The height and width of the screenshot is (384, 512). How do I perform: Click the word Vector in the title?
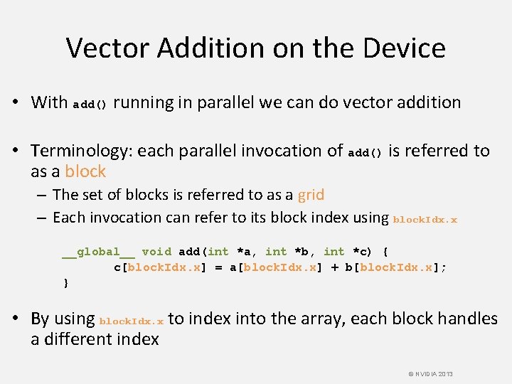click(x=107, y=48)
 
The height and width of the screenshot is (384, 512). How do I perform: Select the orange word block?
click(x=85, y=171)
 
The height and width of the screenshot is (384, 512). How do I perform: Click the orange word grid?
click(x=311, y=194)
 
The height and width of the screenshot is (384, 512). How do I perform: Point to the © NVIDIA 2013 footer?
click(x=431, y=374)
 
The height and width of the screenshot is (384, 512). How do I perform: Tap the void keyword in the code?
click(x=156, y=252)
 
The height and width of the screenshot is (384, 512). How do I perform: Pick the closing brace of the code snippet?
click(x=66, y=283)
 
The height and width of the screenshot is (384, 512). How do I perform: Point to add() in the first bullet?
click(x=90, y=105)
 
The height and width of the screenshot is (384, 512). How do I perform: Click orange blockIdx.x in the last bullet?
click(x=132, y=321)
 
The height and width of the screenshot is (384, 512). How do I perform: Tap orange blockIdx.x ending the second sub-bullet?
click(x=425, y=220)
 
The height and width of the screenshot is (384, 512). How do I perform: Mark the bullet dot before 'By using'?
click(x=20, y=319)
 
